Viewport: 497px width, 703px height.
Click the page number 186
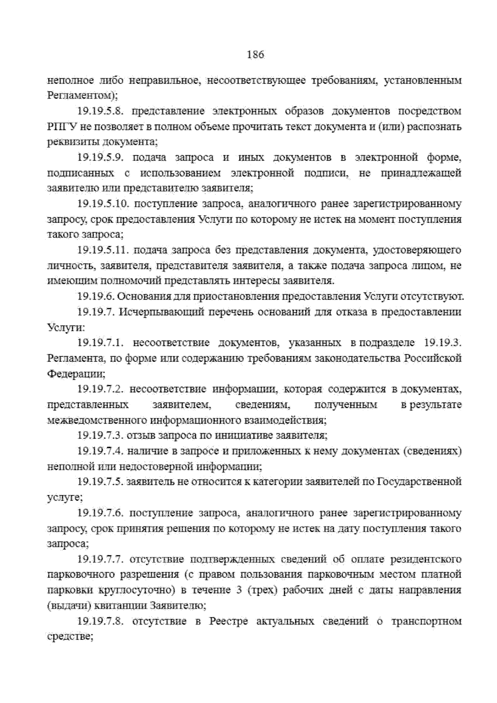(255, 55)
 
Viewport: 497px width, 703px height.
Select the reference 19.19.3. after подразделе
(443, 343)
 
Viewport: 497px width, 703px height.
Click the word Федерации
(76, 374)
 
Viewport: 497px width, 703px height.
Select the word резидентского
(426, 560)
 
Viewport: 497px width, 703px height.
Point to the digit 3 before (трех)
(239, 590)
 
